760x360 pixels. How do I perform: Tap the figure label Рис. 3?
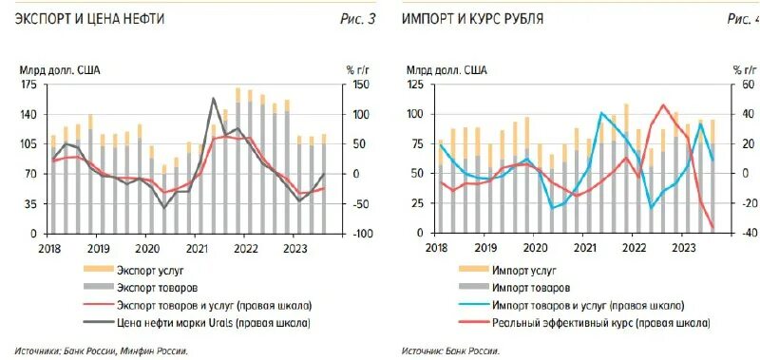point(357,19)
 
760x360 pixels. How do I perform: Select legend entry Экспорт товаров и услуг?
point(213,305)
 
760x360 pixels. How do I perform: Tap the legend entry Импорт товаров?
point(531,288)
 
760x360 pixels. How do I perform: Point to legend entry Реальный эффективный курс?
point(599,323)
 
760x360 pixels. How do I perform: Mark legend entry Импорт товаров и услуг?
point(586,305)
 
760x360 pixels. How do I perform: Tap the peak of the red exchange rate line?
point(663,105)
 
